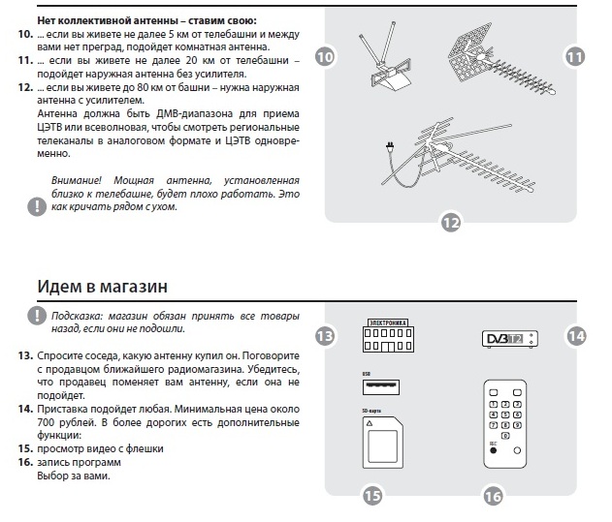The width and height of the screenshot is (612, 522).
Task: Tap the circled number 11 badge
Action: tap(575, 58)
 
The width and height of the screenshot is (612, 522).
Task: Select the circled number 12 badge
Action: tap(450, 223)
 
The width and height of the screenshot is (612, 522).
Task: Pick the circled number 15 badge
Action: tap(372, 497)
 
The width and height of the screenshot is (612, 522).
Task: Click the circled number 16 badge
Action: tap(493, 497)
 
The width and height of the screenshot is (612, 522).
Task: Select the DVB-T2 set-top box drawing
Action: tap(510, 339)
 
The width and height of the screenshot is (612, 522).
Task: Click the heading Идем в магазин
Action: tap(103, 287)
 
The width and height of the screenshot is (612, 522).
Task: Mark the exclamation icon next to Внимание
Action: tap(36, 204)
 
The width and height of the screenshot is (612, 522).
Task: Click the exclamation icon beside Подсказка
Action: tap(36, 316)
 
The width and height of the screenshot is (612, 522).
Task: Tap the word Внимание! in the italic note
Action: tap(79, 180)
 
